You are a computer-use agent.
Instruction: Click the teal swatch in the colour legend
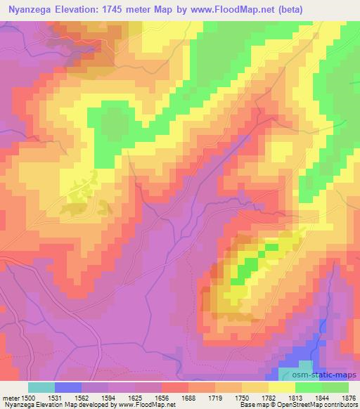41,387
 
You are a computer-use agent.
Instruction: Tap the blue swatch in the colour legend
68,387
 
